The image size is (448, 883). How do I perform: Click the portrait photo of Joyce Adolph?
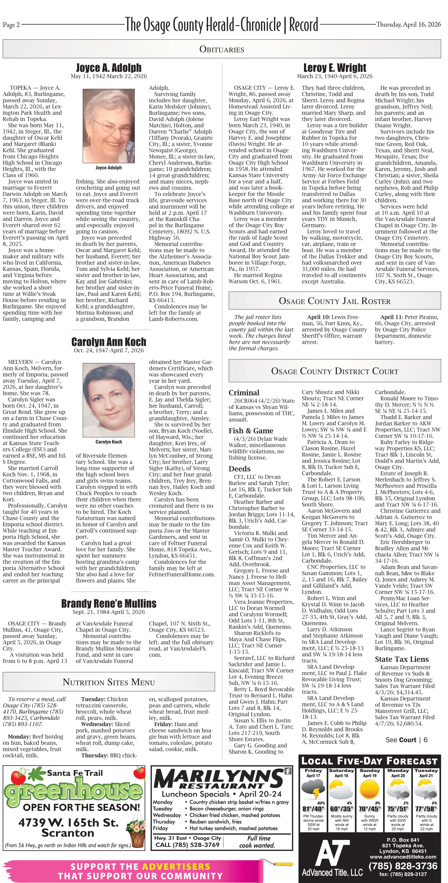[109, 126]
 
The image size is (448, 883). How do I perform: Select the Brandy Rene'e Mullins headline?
[109, 603]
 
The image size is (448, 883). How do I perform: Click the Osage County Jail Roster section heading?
[335, 301]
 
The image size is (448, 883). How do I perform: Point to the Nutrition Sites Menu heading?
[109, 682]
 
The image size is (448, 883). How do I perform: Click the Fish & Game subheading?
[251, 431]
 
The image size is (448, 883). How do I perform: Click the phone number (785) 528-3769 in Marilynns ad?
[187, 845]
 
